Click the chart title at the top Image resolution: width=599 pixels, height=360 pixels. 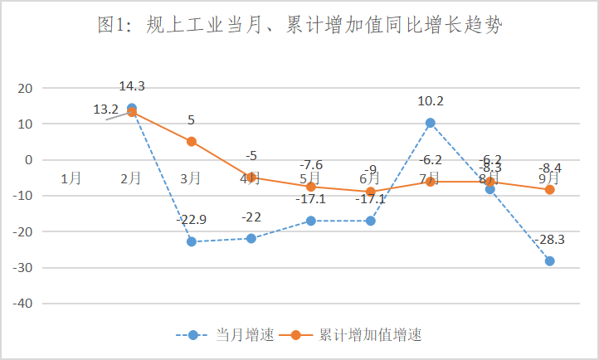pos(299,26)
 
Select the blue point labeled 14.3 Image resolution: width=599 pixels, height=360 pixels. pos(132,108)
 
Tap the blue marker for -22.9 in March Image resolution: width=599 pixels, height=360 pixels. pos(192,241)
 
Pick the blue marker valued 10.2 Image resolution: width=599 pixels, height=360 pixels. pos(431,123)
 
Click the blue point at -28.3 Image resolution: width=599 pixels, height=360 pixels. pos(549,261)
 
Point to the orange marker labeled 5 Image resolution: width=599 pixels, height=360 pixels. pos(192,142)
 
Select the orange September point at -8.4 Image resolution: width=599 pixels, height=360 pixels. pos(549,190)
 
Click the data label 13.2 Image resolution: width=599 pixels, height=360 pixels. pos(105,109)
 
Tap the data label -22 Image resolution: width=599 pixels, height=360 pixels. pos(251,216)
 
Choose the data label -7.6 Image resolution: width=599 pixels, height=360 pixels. pos(311,164)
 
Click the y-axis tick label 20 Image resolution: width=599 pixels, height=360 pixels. pos(25,88)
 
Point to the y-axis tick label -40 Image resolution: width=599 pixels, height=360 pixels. pos(22,304)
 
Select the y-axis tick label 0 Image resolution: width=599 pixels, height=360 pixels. pos(28,160)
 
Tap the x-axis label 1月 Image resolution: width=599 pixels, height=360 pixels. pos(72,178)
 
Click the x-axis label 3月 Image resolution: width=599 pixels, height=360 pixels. pos(192,178)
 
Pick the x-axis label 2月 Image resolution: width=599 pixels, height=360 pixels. pos(132,178)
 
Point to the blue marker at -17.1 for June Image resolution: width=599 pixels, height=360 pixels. pos(371,221)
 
